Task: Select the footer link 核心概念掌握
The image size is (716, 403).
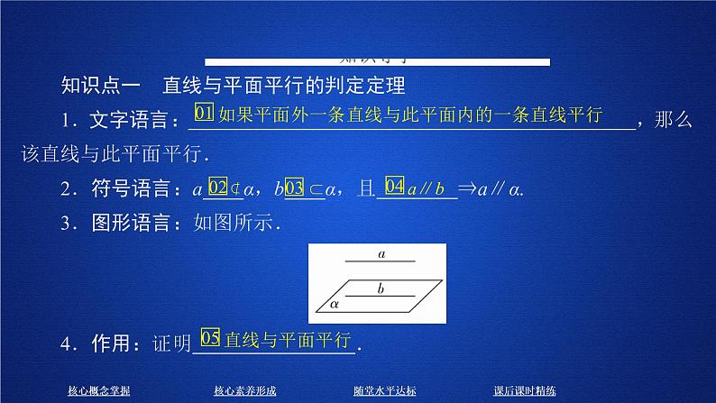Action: (x=99, y=390)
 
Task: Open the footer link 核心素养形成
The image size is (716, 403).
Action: (x=245, y=390)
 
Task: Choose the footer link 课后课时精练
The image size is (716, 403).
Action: (x=525, y=390)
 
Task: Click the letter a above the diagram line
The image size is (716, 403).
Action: (x=381, y=254)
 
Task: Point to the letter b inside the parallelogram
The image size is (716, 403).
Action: (x=381, y=289)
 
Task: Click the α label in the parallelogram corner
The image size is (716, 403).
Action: (x=333, y=305)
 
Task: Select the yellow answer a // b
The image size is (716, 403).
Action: (x=427, y=189)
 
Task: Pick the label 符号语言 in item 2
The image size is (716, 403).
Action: (x=134, y=189)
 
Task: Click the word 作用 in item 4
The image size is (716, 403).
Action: (x=113, y=343)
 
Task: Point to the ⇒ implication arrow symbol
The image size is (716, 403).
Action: (x=469, y=189)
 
